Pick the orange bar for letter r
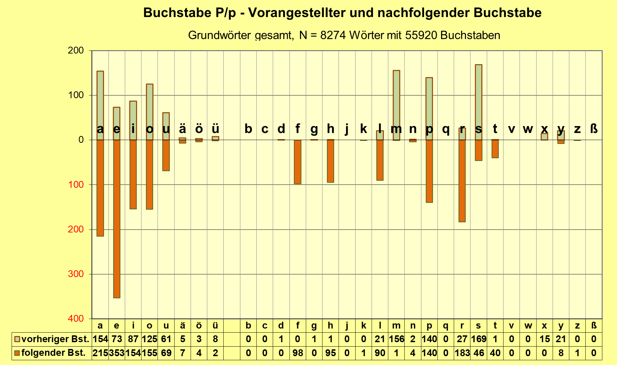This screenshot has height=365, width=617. tap(462, 181)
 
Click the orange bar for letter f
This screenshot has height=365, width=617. tap(298, 162)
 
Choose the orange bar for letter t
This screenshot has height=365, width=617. tap(495, 149)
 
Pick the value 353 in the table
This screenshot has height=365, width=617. tap(117, 353)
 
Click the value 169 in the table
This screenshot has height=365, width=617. tap(479, 339)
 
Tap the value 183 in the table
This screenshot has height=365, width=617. tap(462, 353)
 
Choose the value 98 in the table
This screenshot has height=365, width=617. tap(298, 353)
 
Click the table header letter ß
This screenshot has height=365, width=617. tap(594, 326)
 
